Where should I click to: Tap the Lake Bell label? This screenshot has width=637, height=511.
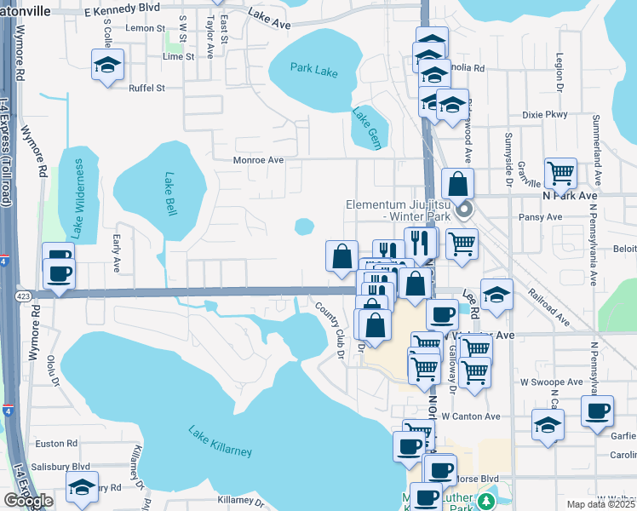tap(169, 195)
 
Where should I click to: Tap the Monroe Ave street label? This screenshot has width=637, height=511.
tap(259, 159)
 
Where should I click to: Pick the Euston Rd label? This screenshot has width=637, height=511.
tap(56, 444)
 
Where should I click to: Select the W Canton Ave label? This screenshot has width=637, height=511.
tap(470, 416)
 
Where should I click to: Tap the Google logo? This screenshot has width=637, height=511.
tap(28, 500)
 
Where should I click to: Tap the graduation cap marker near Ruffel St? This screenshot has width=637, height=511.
tap(107, 65)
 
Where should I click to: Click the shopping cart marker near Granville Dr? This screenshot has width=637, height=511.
tap(560, 174)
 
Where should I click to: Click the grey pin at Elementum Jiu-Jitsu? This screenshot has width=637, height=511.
tap(464, 209)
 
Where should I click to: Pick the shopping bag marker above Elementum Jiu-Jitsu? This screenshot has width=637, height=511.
tap(458, 183)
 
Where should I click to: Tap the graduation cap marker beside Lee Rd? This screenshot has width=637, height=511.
tap(496, 294)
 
